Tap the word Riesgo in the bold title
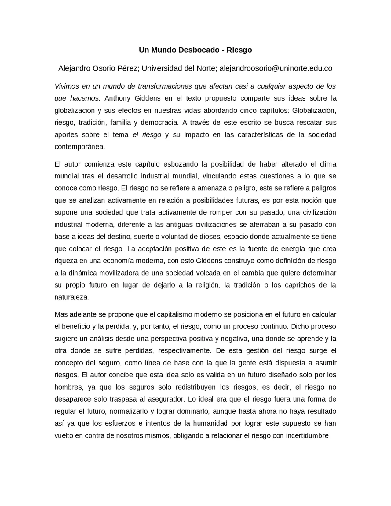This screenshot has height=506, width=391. tap(239, 50)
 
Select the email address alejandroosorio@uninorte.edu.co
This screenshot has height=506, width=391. tap(276, 68)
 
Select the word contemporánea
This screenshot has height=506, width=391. tap(79, 147)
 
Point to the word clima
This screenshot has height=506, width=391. tap(328, 164)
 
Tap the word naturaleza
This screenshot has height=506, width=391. tap(71, 297)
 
